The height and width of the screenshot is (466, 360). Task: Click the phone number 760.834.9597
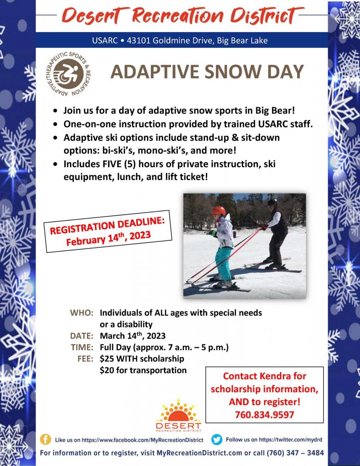click(x=265, y=415)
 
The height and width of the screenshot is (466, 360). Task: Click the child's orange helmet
click(x=219, y=211)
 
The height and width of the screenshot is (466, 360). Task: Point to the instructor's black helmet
click(x=273, y=202)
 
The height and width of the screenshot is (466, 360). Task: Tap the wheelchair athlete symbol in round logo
click(x=69, y=74)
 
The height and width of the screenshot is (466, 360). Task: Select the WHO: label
click(x=82, y=313)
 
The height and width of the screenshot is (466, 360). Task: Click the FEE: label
click(x=85, y=359)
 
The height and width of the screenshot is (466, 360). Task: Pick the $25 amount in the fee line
click(x=107, y=359)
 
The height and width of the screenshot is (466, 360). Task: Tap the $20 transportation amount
click(x=107, y=370)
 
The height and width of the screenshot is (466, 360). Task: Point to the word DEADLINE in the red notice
click(x=141, y=224)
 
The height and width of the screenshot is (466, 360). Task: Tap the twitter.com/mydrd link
click(x=291, y=440)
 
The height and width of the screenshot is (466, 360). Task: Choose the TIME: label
click(x=82, y=348)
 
